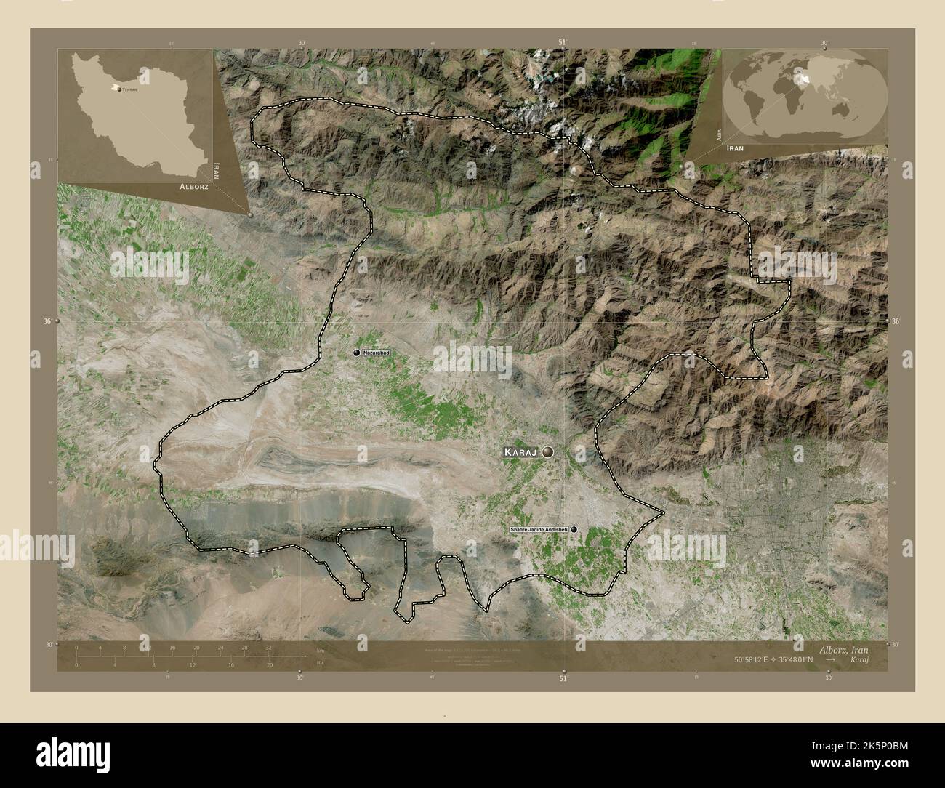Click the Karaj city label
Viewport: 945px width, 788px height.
(520, 452)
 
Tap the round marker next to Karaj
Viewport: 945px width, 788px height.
(547, 452)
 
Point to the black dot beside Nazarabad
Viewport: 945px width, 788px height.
(356, 353)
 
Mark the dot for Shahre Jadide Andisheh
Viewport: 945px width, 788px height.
(574, 530)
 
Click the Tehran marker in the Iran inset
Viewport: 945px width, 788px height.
(119, 89)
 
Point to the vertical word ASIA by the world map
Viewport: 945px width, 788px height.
(718, 133)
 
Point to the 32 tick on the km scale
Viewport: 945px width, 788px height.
(269, 647)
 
